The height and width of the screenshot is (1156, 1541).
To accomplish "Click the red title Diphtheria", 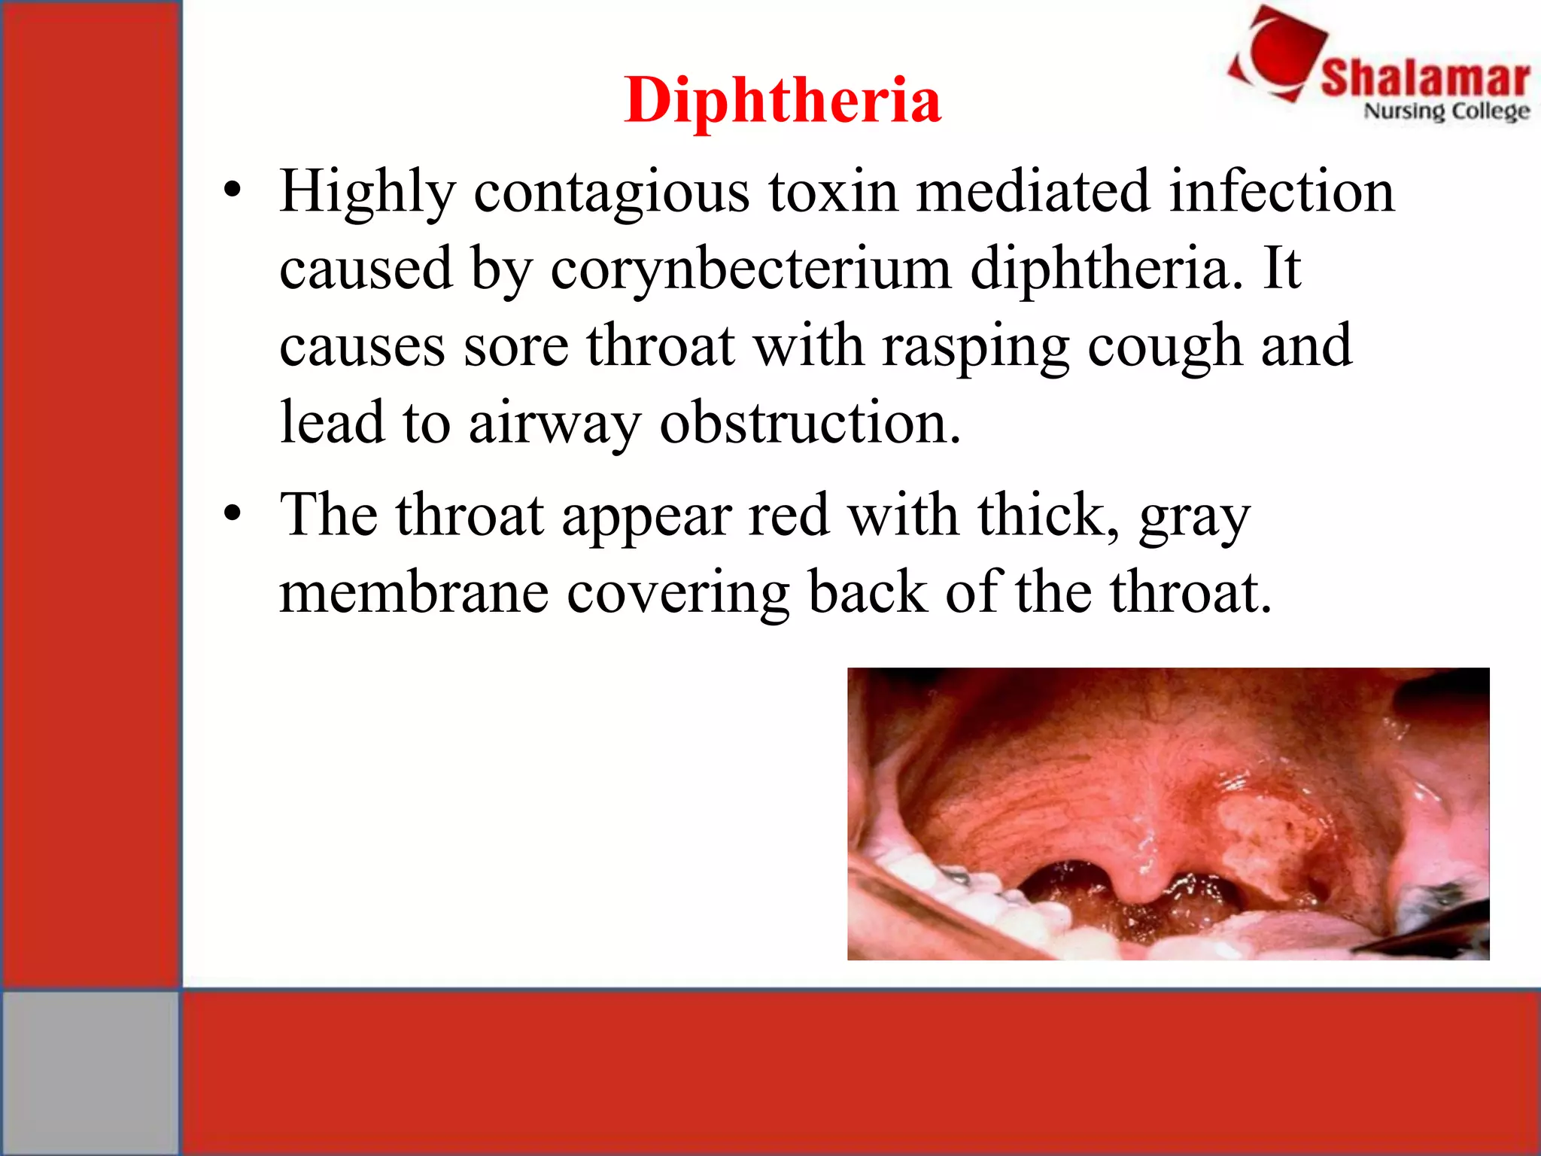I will click(x=782, y=100).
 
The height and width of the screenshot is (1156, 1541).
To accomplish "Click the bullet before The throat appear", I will click(x=233, y=515).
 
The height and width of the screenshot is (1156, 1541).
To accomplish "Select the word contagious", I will click(x=611, y=193).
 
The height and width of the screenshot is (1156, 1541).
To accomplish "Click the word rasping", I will click(x=975, y=346).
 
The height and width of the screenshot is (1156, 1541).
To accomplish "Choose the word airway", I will click(x=555, y=424).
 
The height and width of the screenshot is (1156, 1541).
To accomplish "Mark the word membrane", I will click(x=413, y=592).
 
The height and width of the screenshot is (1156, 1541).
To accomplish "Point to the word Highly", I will click(x=367, y=193).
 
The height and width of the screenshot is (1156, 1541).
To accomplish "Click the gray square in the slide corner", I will click(x=90, y=1072).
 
